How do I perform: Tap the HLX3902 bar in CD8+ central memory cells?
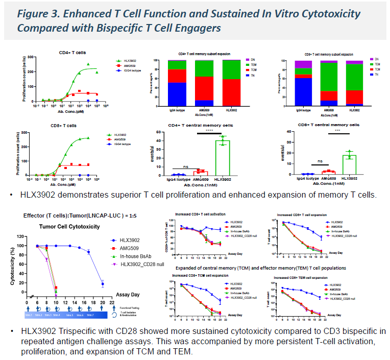pos(349,164)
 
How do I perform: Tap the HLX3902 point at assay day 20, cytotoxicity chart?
pos(103,284)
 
